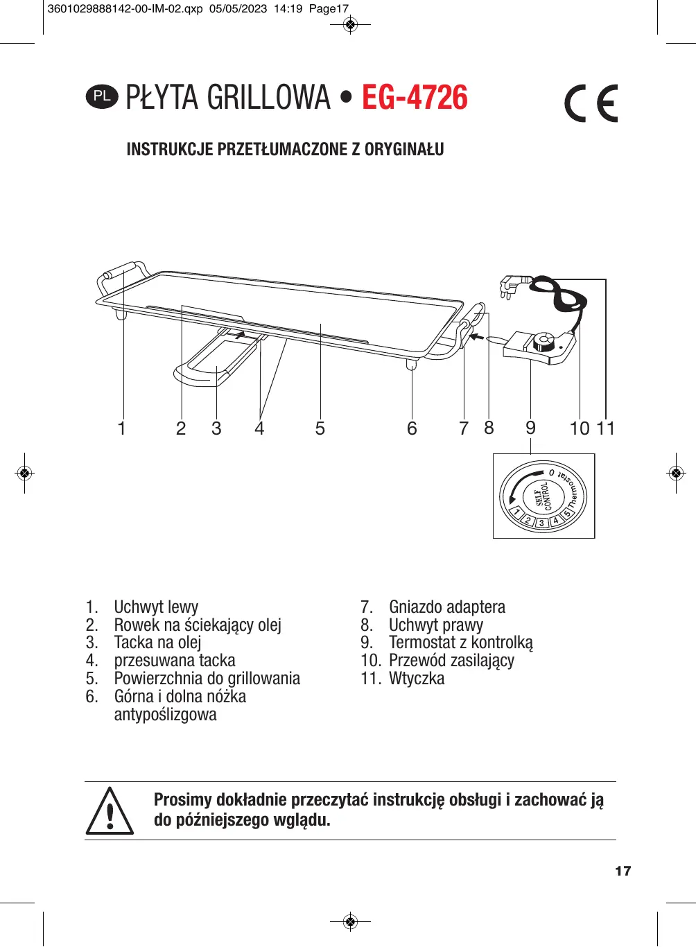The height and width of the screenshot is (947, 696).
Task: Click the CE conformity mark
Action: coord(591,103)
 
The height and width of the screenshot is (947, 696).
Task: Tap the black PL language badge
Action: coord(102,96)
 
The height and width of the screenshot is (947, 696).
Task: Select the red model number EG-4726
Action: coord(415,98)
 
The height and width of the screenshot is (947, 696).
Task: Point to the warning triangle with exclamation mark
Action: coord(110,811)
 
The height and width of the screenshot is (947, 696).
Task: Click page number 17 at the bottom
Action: coord(623,871)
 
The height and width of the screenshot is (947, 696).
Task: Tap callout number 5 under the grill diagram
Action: coord(320,428)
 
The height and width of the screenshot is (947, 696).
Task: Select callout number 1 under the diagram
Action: coord(122,428)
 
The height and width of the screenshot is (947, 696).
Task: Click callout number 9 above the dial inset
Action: coord(530,428)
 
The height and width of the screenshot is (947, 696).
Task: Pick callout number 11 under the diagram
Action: coord(606,428)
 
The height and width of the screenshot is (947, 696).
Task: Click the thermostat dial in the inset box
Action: coord(543,496)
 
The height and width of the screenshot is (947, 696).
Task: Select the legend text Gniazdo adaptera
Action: coord(446,607)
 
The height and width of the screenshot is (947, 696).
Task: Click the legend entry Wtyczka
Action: coord(416,679)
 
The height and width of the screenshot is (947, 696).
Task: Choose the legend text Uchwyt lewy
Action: coord(156,607)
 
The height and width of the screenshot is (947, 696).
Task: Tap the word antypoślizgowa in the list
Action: coord(165,715)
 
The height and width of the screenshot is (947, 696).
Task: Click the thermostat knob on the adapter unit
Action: coord(543,342)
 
